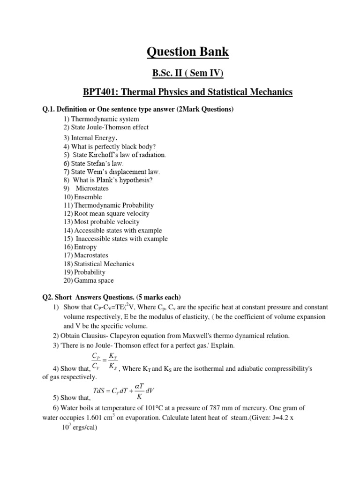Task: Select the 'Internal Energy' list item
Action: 90,138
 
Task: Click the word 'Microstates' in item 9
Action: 92,188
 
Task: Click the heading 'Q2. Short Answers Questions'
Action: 112,297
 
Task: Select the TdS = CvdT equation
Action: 127,390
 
